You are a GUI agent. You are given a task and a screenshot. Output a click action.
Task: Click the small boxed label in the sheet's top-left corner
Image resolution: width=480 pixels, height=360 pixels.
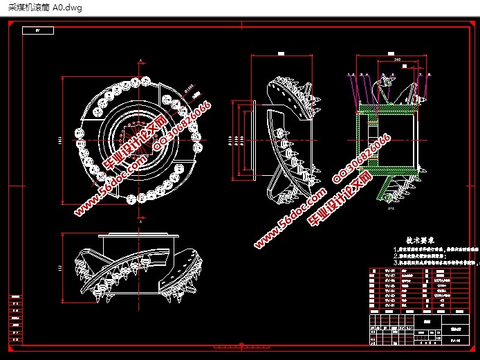tap(38, 30)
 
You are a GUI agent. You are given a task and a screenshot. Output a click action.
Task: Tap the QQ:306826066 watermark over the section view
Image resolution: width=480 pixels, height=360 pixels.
tap(362, 153)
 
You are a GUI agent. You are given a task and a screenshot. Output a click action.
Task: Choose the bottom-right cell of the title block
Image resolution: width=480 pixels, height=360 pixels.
tap(453, 340)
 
